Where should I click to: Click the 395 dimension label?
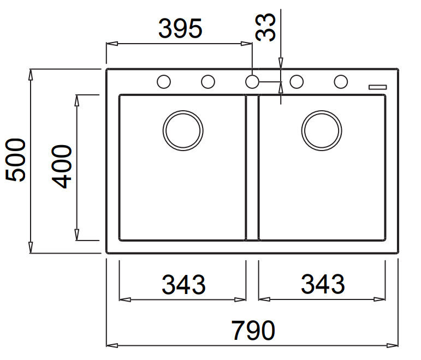point(180,28)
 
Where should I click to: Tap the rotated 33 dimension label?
point(265,27)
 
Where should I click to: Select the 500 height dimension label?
point(15,160)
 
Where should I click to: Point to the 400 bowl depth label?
point(62,166)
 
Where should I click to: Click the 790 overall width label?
point(253,331)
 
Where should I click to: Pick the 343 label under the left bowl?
point(183,284)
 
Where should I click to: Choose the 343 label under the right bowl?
point(323,284)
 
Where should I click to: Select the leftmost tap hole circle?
point(163,75)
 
